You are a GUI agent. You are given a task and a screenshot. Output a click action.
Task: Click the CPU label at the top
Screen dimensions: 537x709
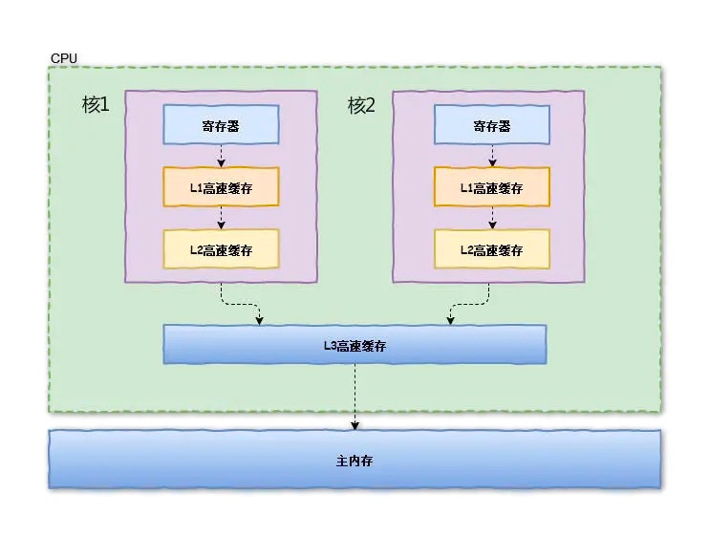tap(63, 59)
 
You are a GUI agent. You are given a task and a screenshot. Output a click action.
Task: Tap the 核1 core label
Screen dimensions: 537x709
tap(96, 105)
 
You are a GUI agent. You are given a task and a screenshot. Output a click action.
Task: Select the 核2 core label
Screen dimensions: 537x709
tap(361, 105)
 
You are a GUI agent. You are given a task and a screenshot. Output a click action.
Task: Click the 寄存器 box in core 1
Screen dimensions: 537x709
tap(221, 125)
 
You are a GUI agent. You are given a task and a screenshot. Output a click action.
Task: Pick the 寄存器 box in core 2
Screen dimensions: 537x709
tap(492, 125)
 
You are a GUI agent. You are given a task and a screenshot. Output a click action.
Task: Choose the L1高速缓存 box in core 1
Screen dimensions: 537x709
tap(221, 187)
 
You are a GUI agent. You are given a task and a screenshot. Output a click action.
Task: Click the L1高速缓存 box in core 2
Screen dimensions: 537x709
tap(492, 187)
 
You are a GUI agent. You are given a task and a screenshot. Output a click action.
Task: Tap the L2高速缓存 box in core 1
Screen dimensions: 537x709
tap(221, 249)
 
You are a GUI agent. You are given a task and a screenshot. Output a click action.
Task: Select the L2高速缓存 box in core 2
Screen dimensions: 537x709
tap(492, 249)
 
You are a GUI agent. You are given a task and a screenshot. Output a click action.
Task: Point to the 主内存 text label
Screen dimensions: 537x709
tap(354, 461)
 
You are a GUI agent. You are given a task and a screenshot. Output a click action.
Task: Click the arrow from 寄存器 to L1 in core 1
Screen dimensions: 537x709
tap(221, 156)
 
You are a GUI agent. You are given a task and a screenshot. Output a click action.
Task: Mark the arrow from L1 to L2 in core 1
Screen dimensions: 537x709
tap(221, 218)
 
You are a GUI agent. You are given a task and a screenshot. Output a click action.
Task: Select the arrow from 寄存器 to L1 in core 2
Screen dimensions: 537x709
tap(492, 156)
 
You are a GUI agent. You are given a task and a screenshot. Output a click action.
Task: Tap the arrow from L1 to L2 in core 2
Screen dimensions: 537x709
tap(492, 218)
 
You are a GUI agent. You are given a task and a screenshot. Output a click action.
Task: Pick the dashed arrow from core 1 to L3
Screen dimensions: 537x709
tap(239, 304)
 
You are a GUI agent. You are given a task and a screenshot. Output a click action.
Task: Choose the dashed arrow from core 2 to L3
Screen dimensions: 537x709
tap(470, 304)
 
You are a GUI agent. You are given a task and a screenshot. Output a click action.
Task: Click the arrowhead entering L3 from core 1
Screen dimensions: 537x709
tap(260, 321)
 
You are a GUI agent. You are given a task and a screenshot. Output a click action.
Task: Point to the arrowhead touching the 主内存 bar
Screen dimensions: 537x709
tap(355, 425)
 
